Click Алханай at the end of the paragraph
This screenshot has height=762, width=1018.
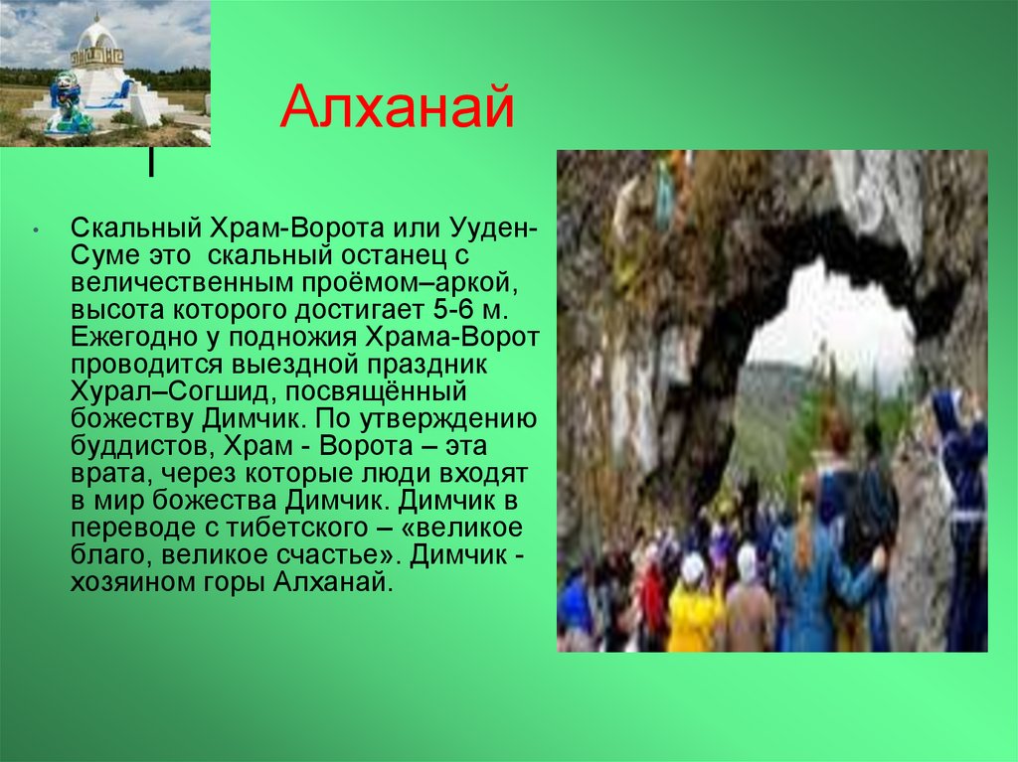point(332,583)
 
